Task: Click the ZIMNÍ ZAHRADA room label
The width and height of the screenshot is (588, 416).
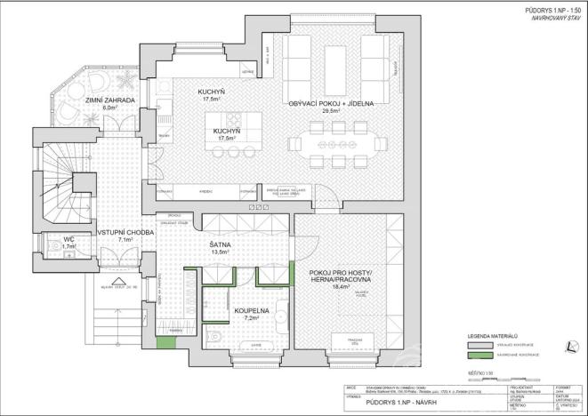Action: [110, 101]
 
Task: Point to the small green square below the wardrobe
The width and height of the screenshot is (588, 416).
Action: [162, 341]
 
